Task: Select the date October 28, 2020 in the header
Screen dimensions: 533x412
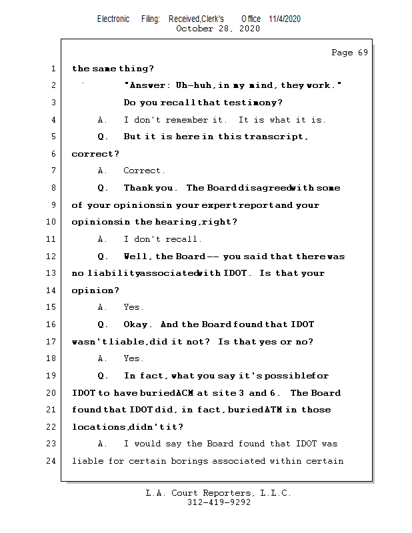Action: pos(218,29)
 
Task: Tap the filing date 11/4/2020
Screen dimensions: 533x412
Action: pos(285,19)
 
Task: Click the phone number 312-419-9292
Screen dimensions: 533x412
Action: pos(219,503)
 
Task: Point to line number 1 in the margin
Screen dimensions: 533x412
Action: pos(52,69)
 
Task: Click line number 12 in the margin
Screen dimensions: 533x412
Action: pos(52,257)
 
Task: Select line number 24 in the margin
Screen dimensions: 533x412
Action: pos(52,461)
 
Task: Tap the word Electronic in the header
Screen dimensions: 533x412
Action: pos(113,19)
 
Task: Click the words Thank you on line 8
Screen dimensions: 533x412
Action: pos(151,188)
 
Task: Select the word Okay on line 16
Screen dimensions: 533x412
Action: pos(138,324)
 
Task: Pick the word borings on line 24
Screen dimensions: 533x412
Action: pos(207,461)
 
